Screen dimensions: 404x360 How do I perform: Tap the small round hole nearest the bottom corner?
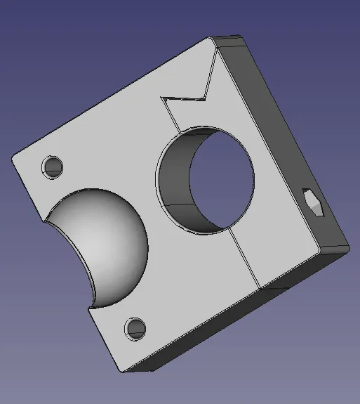(x=135, y=327)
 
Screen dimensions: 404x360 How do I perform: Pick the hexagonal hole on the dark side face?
(x=314, y=204)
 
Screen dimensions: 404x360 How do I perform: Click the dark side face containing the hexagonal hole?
(x=288, y=141)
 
